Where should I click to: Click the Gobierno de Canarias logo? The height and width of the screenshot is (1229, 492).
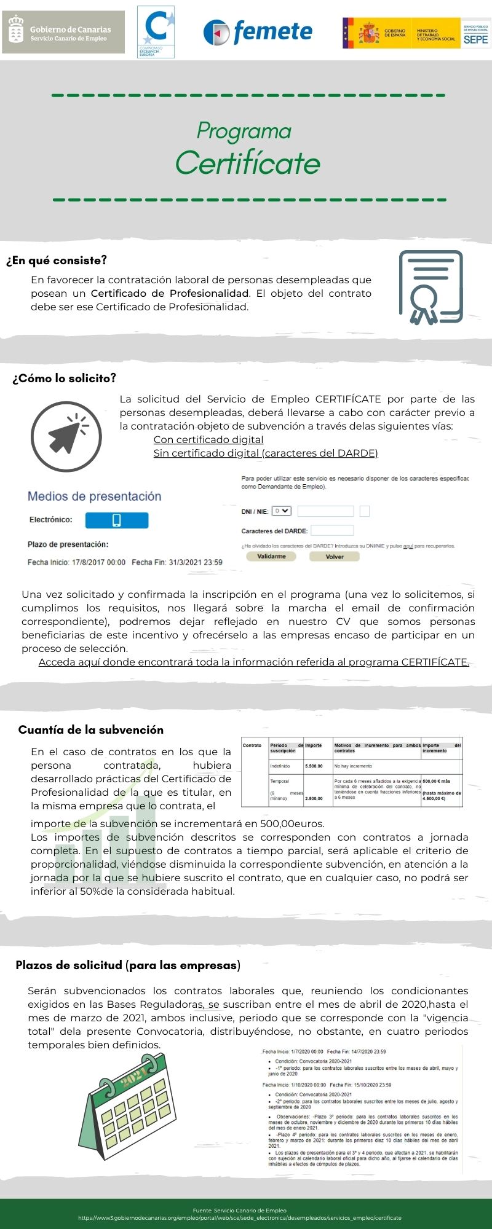[x=63, y=33]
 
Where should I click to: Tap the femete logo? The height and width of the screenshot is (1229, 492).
[x=258, y=32]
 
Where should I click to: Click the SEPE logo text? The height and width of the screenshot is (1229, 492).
[x=475, y=39]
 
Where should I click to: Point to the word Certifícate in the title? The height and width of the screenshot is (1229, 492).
[x=247, y=163]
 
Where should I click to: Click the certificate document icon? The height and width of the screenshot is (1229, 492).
[x=430, y=287]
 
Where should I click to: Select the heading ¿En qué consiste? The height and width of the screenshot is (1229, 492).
[x=57, y=261]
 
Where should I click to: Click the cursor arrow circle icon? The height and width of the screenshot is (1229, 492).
[x=66, y=436]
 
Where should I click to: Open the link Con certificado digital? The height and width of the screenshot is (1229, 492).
[x=208, y=439]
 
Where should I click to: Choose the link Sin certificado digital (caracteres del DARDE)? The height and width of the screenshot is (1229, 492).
[x=266, y=453]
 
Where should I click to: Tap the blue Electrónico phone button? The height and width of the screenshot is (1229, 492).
[x=117, y=520]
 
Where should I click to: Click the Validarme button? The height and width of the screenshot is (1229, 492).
[x=271, y=556]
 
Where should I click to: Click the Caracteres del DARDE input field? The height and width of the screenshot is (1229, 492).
[x=332, y=530]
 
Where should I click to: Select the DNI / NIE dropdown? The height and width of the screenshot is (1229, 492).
[x=281, y=511]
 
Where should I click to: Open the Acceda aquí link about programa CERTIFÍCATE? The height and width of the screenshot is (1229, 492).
[x=253, y=662]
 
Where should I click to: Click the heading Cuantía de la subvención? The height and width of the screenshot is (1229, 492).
[x=91, y=730]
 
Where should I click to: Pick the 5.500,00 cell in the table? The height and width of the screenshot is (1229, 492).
[x=314, y=766]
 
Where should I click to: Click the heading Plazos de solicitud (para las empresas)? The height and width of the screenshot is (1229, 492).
[x=128, y=965]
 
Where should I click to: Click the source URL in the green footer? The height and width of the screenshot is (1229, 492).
[x=240, y=1217]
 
